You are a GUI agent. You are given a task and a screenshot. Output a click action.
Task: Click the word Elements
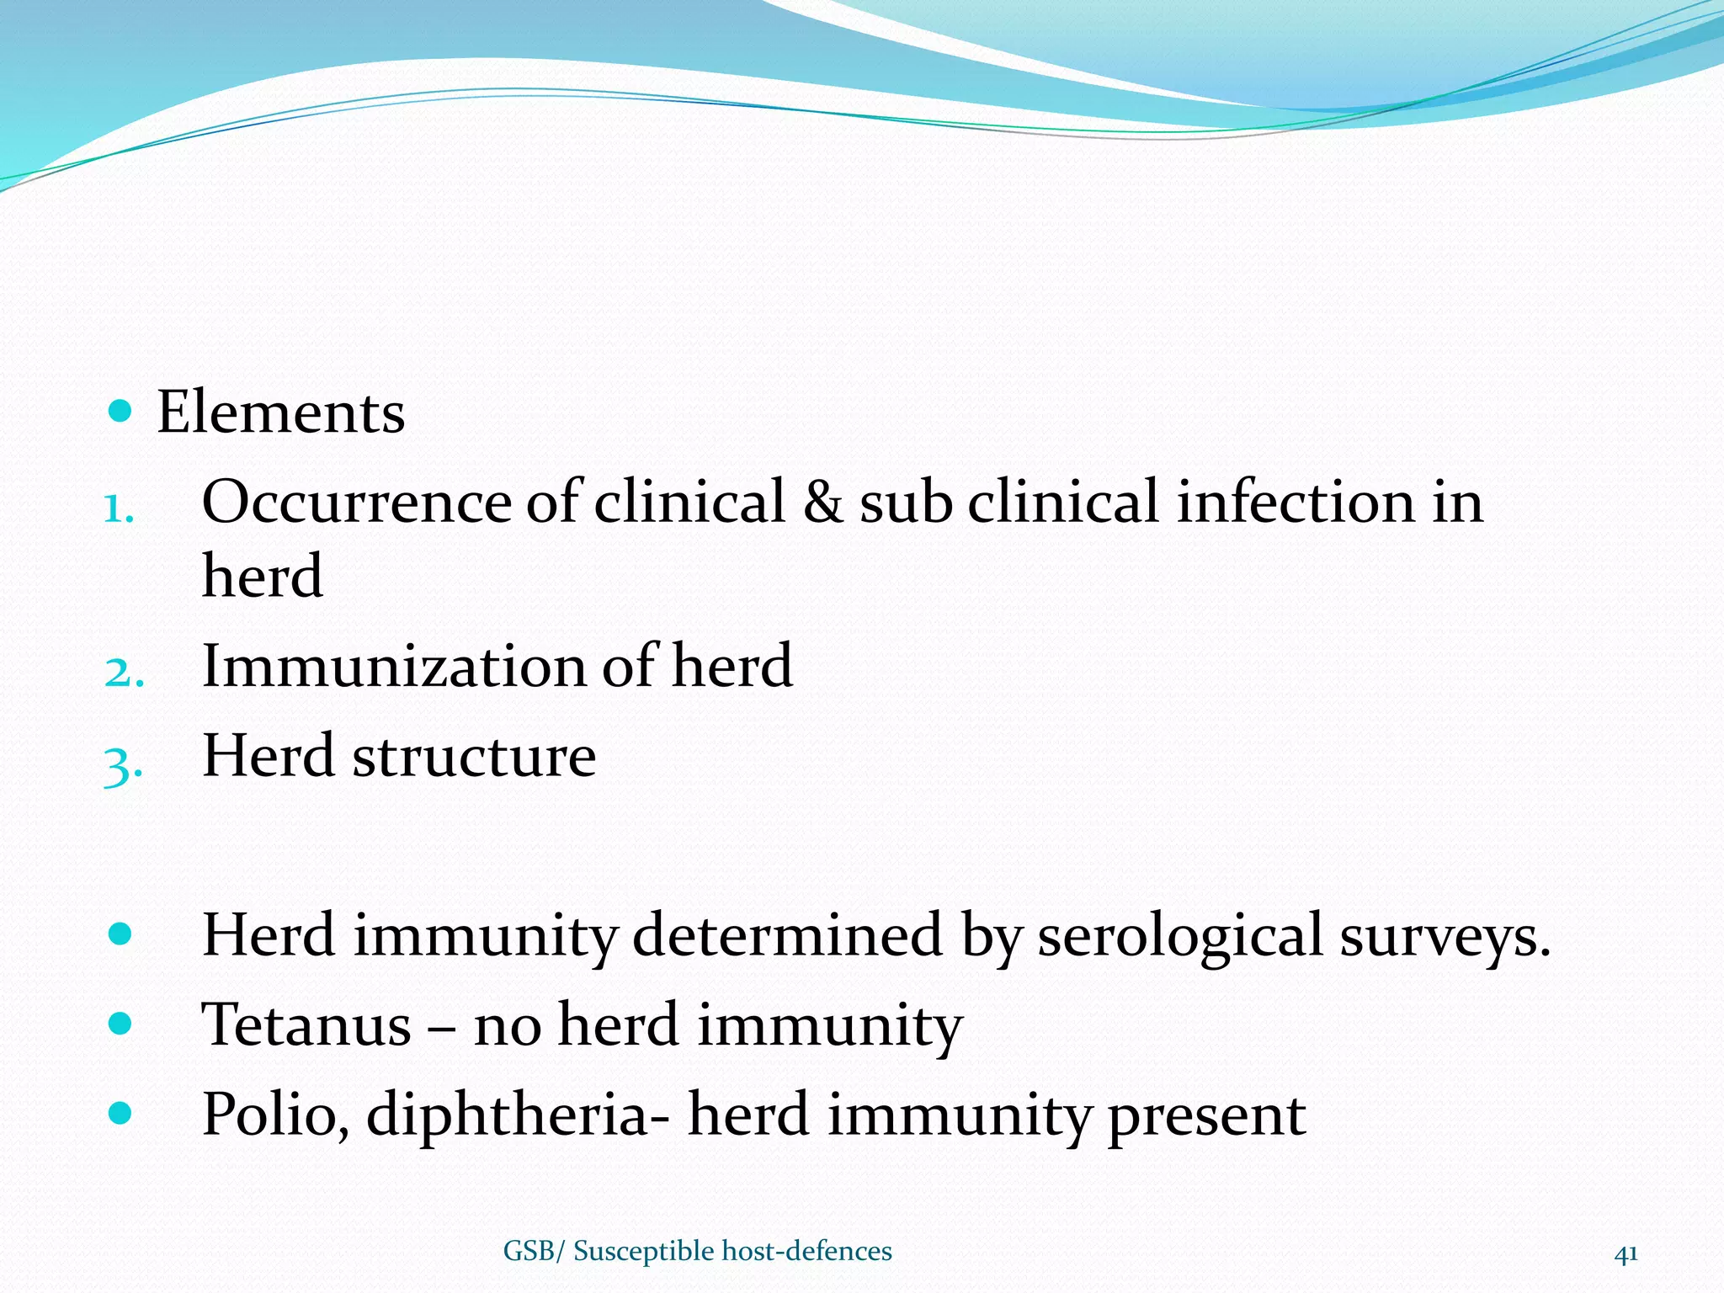(x=280, y=412)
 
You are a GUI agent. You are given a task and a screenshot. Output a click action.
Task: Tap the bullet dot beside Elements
(x=121, y=411)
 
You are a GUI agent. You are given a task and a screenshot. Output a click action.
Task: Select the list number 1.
(x=119, y=509)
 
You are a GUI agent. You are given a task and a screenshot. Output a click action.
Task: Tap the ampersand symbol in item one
(x=822, y=503)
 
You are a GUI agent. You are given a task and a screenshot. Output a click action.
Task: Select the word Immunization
(x=394, y=666)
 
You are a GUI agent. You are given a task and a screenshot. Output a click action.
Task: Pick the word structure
(x=474, y=756)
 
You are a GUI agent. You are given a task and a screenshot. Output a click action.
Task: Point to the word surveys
(x=1445, y=938)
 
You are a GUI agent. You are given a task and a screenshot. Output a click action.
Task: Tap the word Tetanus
(x=306, y=1025)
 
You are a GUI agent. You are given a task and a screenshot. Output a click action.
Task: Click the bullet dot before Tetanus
(x=121, y=1024)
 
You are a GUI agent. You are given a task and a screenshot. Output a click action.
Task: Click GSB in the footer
(x=528, y=1252)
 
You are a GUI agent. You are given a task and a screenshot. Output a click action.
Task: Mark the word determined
(x=787, y=936)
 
